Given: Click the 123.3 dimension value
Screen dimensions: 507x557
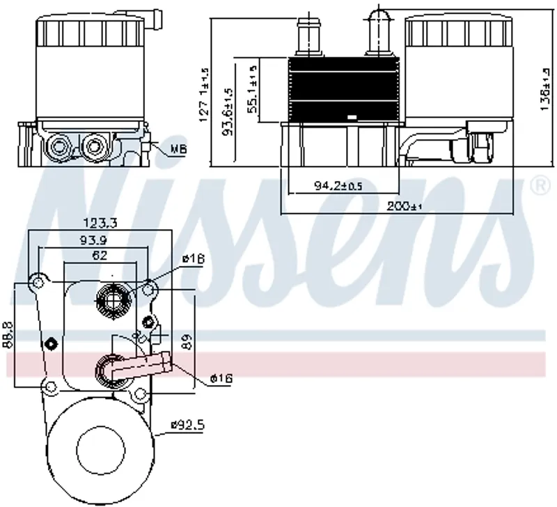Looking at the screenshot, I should pos(100,223).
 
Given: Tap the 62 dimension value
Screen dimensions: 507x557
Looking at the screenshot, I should pos(100,256).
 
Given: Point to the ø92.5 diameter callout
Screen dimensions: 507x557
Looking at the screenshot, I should pos(187,423).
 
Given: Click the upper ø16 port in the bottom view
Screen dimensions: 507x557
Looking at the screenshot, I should pos(112,299).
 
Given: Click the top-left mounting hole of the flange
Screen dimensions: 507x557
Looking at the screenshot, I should pos(36,282).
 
